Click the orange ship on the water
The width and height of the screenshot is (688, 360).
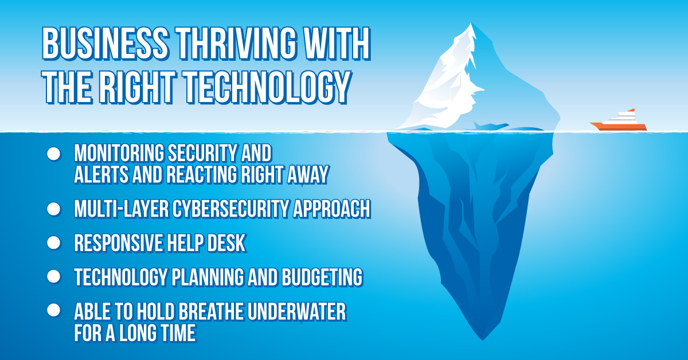click(619, 122)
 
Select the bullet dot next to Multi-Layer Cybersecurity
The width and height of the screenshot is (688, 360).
click(53, 209)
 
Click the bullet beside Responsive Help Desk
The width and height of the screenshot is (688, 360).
click(53, 242)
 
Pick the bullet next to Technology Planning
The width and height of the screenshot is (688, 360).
click(53, 276)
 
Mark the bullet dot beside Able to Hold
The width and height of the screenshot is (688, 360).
click(53, 310)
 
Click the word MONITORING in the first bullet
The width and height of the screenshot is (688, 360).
click(117, 154)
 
